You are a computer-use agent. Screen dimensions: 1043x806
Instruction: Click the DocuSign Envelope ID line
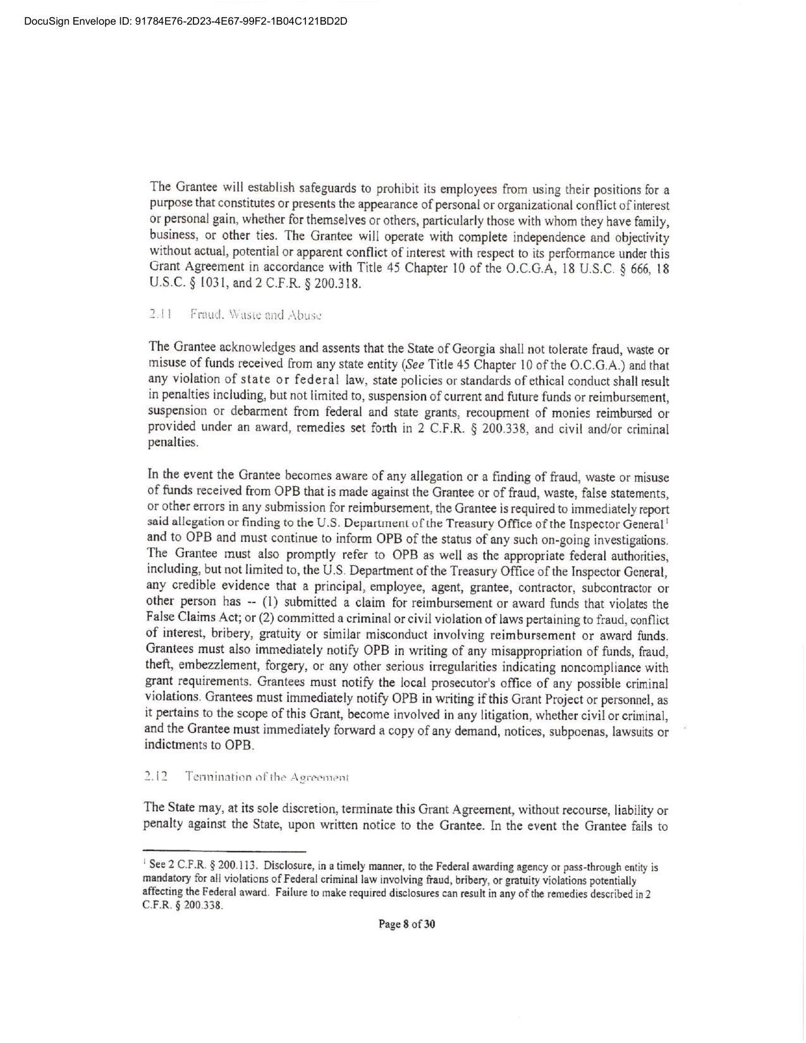tap(186, 21)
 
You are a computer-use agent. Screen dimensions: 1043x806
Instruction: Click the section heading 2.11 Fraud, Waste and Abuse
tap(236, 314)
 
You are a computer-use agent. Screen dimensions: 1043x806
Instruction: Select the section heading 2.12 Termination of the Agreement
tap(247, 776)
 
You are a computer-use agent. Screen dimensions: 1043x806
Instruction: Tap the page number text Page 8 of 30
tap(406, 924)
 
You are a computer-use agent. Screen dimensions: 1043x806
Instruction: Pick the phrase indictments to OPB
tap(199, 745)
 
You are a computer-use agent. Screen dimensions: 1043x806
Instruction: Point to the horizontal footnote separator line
tap(224, 851)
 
